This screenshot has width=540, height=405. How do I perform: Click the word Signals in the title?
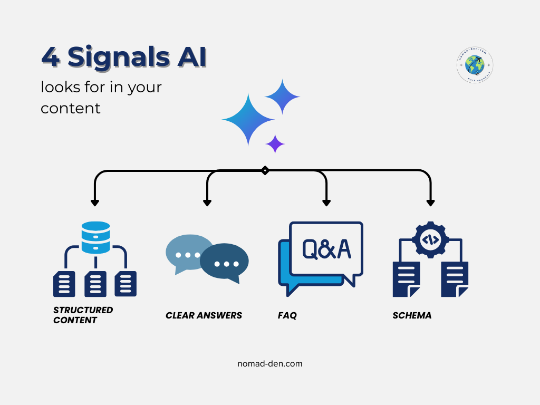click(x=119, y=57)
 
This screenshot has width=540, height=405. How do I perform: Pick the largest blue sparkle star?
click(x=248, y=120)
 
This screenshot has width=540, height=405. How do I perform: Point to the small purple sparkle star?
click(x=275, y=143)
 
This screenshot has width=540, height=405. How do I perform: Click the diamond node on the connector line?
click(x=265, y=170)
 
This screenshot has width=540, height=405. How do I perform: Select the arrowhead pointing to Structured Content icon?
click(x=95, y=201)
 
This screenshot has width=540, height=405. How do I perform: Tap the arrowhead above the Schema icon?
click(x=430, y=201)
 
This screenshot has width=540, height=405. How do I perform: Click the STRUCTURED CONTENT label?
click(x=83, y=315)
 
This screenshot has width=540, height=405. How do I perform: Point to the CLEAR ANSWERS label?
click(x=204, y=315)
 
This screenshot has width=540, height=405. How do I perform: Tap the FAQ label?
click(x=287, y=315)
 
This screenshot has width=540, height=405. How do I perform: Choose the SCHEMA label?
click(x=412, y=315)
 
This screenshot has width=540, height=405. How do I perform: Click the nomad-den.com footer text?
click(x=270, y=363)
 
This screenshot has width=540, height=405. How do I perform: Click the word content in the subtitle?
click(x=70, y=108)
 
